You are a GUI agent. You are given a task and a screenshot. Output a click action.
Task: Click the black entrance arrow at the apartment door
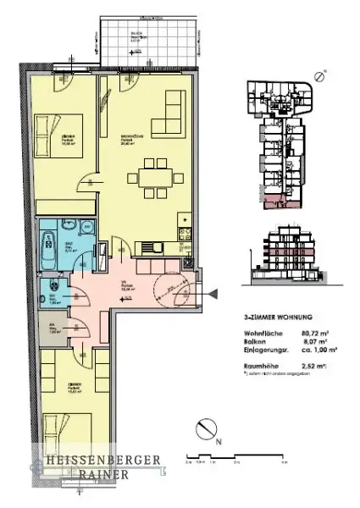214,293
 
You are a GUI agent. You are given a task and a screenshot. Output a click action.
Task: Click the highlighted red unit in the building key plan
276,201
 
